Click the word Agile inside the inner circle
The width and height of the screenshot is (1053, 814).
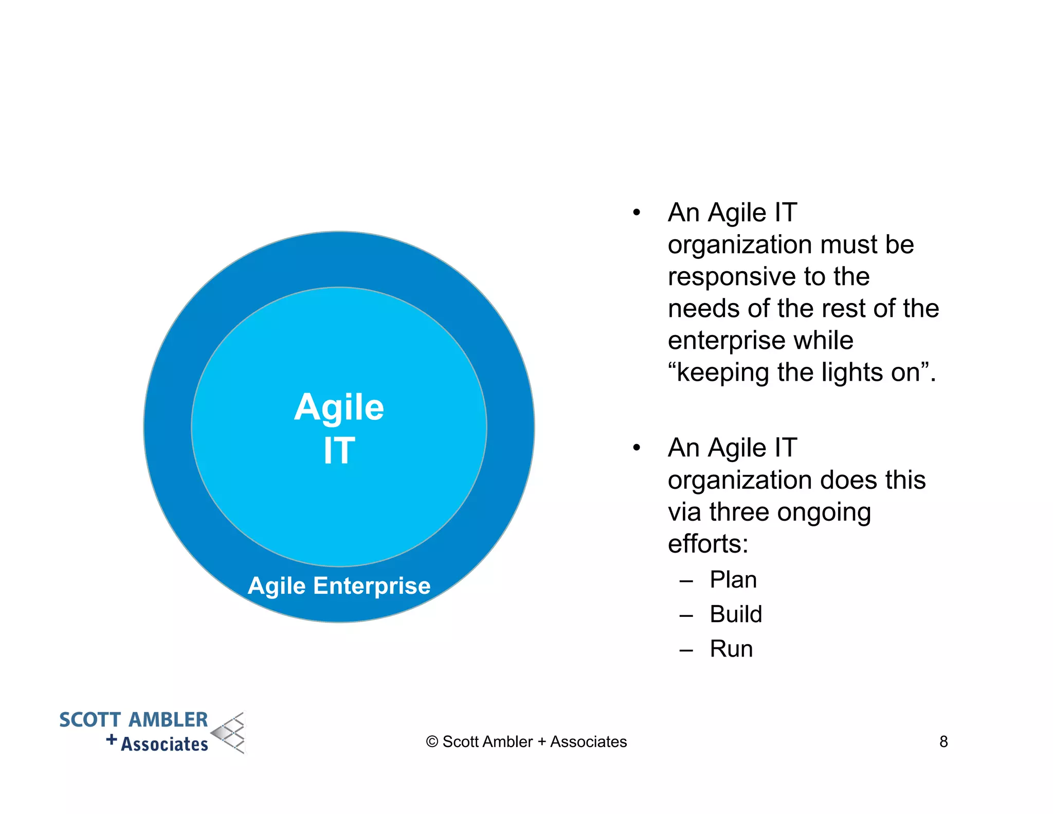point(339,408)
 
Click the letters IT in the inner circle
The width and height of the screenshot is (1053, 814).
point(339,451)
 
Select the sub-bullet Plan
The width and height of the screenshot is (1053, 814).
point(733,580)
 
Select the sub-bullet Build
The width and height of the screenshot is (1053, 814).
point(735,614)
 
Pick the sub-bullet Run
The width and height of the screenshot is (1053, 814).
point(731,649)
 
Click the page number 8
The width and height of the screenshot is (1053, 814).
point(943,741)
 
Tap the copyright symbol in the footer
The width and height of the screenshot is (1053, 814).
point(432,742)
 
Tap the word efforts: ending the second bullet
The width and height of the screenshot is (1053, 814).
point(707,544)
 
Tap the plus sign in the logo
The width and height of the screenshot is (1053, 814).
point(112,740)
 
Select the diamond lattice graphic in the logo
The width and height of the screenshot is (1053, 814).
point(229,733)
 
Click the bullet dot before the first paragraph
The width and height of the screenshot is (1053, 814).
point(637,213)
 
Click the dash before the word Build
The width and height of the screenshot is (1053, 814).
point(686,615)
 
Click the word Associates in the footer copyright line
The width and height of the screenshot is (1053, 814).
point(588,742)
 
